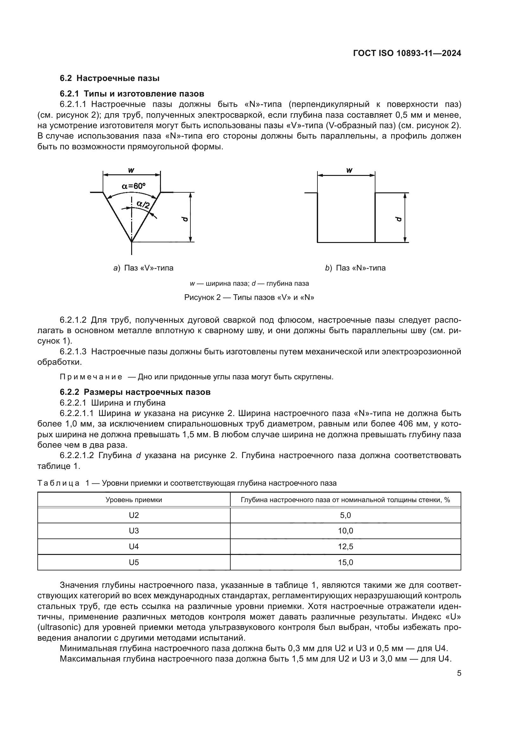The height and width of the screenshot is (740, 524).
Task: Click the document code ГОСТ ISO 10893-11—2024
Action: pos(407,53)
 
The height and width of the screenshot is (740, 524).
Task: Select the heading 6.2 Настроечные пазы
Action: pos(110,78)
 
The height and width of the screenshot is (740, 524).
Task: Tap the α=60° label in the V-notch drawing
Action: pos(133,186)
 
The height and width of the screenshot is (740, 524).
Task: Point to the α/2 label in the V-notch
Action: pos(143,204)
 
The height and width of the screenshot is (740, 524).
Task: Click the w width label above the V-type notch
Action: pos(131,170)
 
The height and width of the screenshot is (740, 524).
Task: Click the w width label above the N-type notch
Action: pos(349,170)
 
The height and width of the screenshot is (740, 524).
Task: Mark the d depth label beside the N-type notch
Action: pos(399,219)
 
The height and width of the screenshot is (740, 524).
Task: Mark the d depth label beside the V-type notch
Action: pos(185,219)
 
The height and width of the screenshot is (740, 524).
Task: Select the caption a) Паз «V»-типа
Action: pos(143,268)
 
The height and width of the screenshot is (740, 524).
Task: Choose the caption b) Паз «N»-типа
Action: pos(355,268)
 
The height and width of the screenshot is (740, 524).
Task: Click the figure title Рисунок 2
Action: pos(249,297)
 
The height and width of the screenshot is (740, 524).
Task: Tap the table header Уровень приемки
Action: pos(134,500)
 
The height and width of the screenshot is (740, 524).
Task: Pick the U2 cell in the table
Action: pos(134,515)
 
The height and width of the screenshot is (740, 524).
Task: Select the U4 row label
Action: pos(134,547)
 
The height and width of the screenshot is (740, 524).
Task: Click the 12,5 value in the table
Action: pos(345,547)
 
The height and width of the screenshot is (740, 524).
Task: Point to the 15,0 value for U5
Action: pos(345,563)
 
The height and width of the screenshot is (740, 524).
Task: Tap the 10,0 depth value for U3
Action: pos(345,531)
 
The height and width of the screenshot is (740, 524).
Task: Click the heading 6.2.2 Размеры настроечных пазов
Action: pos(135,392)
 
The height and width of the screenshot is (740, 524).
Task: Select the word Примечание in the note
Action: pos(91,377)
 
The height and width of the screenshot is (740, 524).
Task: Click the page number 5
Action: pos(459,673)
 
